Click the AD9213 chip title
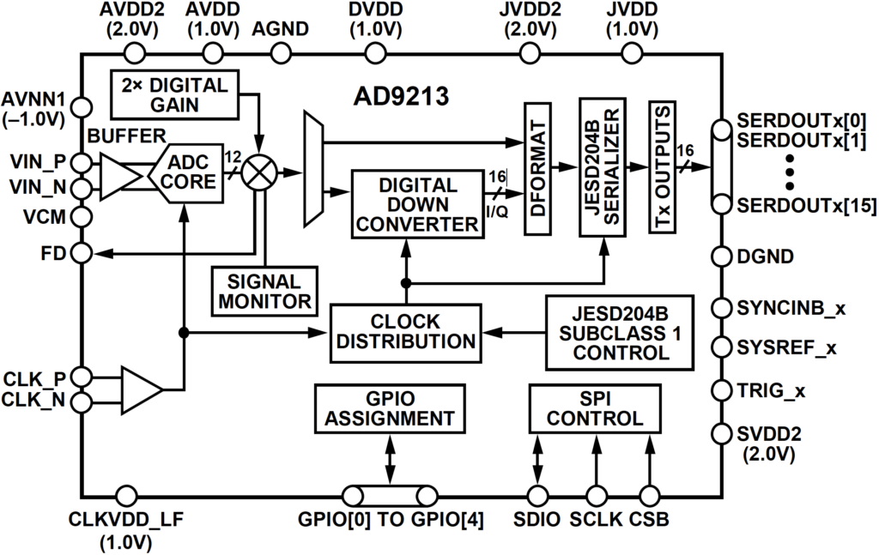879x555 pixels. (402, 96)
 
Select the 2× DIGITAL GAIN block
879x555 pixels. (174, 95)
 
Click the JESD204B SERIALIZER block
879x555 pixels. (602, 167)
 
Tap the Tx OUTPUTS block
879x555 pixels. (663, 167)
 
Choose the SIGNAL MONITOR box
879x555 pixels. (264, 291)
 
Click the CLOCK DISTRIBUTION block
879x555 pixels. (405, 331)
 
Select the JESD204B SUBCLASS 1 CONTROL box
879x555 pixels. (621, 331)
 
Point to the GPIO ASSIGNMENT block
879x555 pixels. (390, 408)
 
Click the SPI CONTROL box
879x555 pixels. (595, 408)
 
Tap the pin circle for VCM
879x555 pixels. (82, 217)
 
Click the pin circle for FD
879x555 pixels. (82, 254)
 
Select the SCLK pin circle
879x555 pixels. (595, 495)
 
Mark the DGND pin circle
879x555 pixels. (720, 256)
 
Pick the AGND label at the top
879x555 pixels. (279, 28)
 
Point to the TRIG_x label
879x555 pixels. (772, 391)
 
